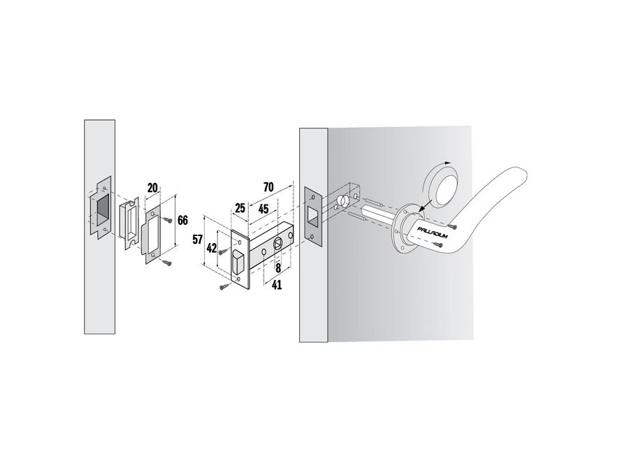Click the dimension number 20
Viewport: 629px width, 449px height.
[153, 187]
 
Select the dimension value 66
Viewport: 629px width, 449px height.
[182, 220]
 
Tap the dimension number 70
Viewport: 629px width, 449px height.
[268, 187]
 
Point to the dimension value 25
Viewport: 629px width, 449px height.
[240, 208]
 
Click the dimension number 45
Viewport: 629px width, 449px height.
[263, 209]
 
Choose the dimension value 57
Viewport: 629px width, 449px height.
[197, 240]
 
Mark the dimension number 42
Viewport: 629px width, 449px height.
[212, 249]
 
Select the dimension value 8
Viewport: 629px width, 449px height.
[278, 268]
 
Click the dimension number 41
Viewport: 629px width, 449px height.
[277, 285]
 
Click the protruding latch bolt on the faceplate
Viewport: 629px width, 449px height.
[238, 262]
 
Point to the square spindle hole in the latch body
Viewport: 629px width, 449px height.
[277, 244]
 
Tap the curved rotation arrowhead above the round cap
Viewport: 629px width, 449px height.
[448, 163]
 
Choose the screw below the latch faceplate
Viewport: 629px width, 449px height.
[226, 286]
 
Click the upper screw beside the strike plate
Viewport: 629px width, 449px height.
[167, 220]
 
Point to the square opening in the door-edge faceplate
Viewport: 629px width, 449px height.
[312, 216]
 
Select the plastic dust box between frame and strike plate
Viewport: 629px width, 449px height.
[129, 222]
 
